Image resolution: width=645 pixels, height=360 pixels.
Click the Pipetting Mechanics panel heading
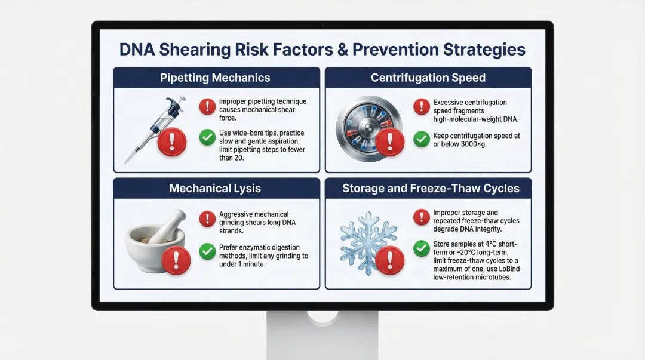coord(215,78)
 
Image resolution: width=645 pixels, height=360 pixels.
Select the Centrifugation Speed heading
coord(428,78)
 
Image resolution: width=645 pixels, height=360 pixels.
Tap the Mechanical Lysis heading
coord(215,189)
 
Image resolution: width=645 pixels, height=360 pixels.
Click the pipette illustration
coord(149,128)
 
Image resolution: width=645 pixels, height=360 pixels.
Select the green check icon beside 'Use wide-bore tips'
coord(207,139)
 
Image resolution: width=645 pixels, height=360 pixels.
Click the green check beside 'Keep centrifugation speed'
coord(422,140)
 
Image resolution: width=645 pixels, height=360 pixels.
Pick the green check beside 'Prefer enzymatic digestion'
coord(207,251)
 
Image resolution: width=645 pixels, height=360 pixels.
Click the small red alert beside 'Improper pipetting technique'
coord(207,107)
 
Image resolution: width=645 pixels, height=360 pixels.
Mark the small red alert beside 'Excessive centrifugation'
coord(422,107)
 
